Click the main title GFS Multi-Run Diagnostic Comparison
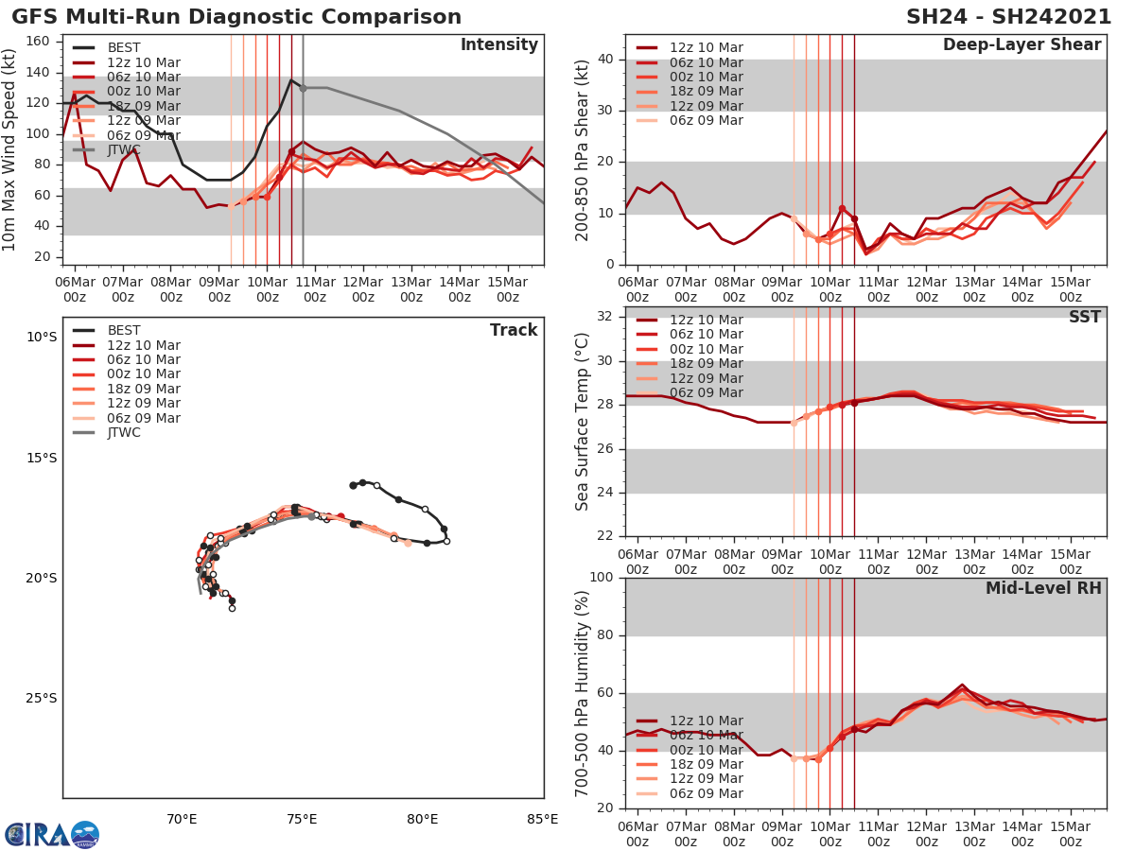click(x=236, y=17)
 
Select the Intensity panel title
click(x=498, y=45)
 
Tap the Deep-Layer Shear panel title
click(x=1021, y=45)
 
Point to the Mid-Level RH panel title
click(x=1043, y=589)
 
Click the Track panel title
click(x=514, y=330)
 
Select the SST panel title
click(x=1084, y=318)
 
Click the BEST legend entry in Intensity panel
click(x=124, y=48)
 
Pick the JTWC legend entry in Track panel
click(x=124, y=433)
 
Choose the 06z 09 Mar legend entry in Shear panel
click(x=706, y=121)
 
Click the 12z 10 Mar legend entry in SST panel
click(x=706, y=321)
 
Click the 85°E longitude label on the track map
click(x=542, y=819)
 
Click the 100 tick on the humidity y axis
click(x=602, y=578)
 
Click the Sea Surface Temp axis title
click(x=583, y=422)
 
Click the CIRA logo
click(x=52, y=835)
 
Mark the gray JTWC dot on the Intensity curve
click(x=303, y=88)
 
